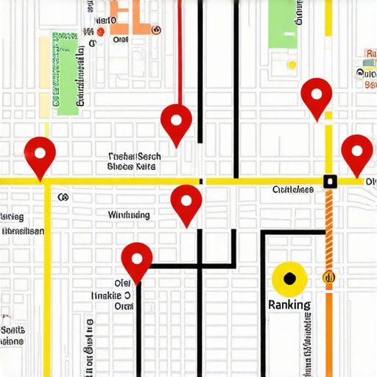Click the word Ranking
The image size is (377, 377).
(x=289, y=304)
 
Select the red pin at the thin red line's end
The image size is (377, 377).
(x=177, y=121)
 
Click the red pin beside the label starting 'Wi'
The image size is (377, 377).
(x=186, y=202)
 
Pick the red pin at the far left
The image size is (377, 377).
(x=40, y=155)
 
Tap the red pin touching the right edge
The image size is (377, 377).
(x=357, y=152)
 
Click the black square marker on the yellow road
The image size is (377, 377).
(x=329, y=180)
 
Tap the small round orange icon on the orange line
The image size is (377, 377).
(x=329, y=277)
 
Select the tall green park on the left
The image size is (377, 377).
(x=67, y=74)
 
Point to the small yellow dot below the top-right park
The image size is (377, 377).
(x=292, y=64)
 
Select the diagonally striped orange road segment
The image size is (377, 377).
(x=329, y=221)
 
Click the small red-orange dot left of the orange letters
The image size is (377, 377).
(x=99, y=31)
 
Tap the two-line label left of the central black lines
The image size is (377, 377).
(x=133, y=162)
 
